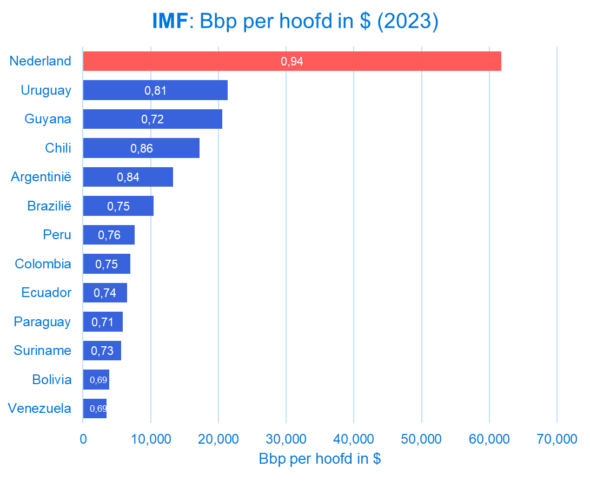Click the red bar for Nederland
[x=292, y=61]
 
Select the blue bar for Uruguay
[x=155, y=90]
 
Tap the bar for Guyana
[x=153, y=119]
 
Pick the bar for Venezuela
[x=95, y=408]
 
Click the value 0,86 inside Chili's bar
[x=142, y=148]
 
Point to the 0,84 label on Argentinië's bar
[x=128, y=177]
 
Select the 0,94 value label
[x=292, y=62]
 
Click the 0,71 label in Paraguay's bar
[x=103, y=322]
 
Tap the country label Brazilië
[x=49, y=206]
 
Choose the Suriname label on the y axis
[x=43, y=351]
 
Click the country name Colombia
[x=43, y=264]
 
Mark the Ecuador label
[x=46, y=293]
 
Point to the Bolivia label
[x=51, y=380]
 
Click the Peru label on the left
[x=57, y=235]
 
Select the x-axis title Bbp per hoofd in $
[x=320, y=459]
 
